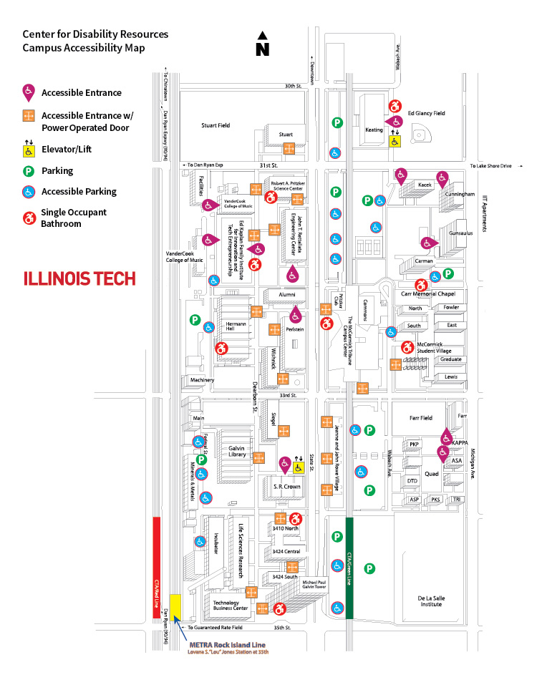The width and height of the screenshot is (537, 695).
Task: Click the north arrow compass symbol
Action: [263, 44]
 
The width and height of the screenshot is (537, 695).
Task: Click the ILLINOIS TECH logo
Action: [79, 278]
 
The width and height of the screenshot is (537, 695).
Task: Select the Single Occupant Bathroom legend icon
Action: [29, 218]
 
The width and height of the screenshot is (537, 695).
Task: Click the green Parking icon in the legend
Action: [29, 171]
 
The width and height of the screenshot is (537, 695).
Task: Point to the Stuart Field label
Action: [215, 125]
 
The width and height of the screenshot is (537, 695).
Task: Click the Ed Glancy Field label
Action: [427, 113]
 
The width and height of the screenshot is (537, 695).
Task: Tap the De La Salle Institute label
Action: [430, 600]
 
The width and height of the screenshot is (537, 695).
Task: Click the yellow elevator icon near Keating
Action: [395, 140]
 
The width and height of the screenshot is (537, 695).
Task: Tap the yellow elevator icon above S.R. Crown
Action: [298, 466]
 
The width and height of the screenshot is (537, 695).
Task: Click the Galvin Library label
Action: [237, 452]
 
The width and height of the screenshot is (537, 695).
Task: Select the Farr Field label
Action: [420, 417]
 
